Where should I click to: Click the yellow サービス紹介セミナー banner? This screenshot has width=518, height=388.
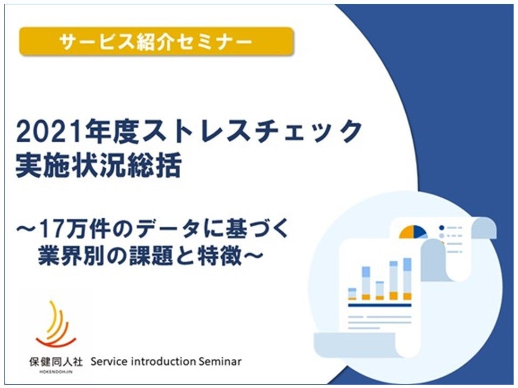click(x=156, y=41)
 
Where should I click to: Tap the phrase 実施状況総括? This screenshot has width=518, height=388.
click(x=98, y=165)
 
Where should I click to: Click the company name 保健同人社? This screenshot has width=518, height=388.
click(x=56, y=362)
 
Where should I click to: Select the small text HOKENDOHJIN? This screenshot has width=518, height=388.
click(x=56, y=372)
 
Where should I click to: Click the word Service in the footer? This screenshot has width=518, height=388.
click(x=108, y=362)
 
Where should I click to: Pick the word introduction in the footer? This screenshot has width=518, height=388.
click(x=163, y=362)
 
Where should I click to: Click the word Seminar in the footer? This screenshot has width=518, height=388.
click(x=220, y=362)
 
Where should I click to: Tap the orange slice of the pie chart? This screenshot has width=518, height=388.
click(x=406, y=232)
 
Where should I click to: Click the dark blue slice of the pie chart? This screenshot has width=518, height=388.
click(x=420, y=232)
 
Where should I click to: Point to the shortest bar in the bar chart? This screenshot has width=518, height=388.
click(x=352, y=294)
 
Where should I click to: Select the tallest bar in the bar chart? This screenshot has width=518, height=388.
click(x=408, y=279)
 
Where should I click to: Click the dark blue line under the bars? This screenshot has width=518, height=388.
click(x=380, y=306)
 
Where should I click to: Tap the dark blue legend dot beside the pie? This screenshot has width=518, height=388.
click(x=441, y=227)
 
